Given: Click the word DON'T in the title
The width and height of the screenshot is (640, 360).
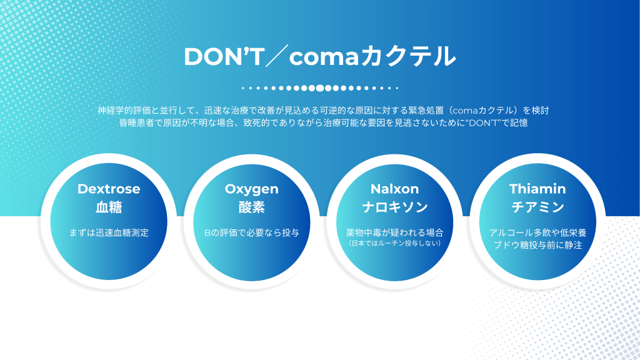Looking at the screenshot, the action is pos(224,56).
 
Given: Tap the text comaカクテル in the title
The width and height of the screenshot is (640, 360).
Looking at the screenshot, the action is pos(372,56).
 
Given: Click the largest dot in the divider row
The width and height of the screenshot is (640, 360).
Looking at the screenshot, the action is pos(320,87).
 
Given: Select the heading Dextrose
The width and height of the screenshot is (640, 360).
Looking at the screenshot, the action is pos(109,189).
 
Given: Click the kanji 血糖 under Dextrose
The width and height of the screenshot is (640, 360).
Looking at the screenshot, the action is pos(109,207).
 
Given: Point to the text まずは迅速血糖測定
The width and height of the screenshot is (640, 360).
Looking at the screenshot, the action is pos(109,232).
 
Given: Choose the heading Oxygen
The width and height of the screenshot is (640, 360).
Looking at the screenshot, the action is pos(251,189).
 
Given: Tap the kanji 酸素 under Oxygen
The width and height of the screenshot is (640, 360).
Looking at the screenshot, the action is pos(251,207).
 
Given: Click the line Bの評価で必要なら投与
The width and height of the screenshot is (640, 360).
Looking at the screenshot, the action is pos(251,232).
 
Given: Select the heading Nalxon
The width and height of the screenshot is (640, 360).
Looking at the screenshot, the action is pos(395,189).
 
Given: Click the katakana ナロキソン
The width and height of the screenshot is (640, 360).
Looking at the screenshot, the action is pos(395,207).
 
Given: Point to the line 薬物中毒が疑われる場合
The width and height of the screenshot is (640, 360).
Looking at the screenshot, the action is pos(395,232).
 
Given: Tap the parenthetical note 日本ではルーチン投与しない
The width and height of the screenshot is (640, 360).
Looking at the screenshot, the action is pos(395,243).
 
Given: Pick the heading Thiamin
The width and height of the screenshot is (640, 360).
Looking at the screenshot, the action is pos(537,189).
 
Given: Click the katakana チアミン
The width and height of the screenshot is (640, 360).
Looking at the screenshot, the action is pos(537,207).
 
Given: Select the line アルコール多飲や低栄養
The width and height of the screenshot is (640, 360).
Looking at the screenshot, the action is pos(537,232).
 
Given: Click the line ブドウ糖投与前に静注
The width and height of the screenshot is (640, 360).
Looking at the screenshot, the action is pos(537,245).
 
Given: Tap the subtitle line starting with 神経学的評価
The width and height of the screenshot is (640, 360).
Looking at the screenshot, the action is pos(323,110).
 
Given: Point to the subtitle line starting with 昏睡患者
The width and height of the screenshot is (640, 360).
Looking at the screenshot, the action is pos(323,122).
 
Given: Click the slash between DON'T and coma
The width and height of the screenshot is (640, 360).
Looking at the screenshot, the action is pos(277,56).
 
